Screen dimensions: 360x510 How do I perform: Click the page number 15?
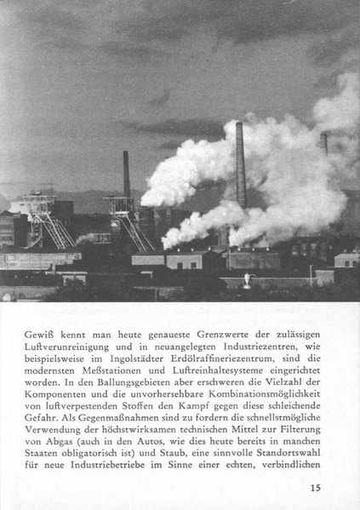point(315,488)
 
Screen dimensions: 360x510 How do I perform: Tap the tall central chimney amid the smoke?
point(241,166)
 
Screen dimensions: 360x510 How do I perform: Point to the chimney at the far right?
point(323,143)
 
